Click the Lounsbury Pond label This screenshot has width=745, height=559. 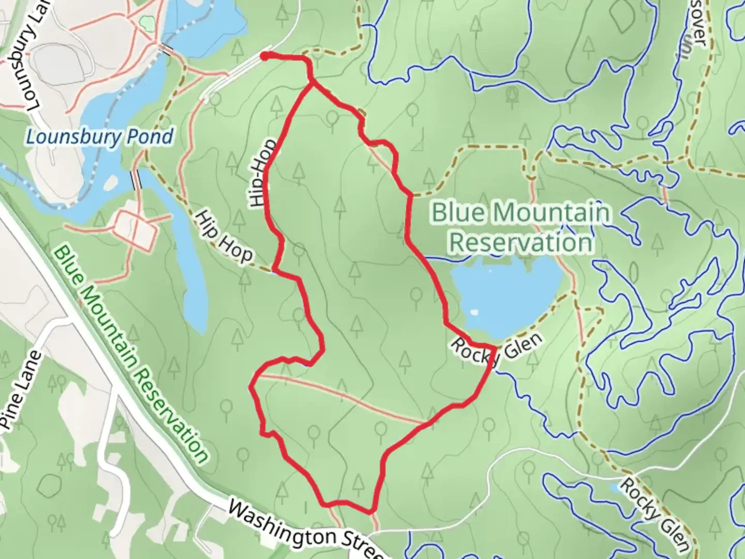pos(99,138)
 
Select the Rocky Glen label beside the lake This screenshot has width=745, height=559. pos(497,352)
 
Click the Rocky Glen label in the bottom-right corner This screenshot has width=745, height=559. pos(654,514)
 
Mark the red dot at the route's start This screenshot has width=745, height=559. pos(264,56)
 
